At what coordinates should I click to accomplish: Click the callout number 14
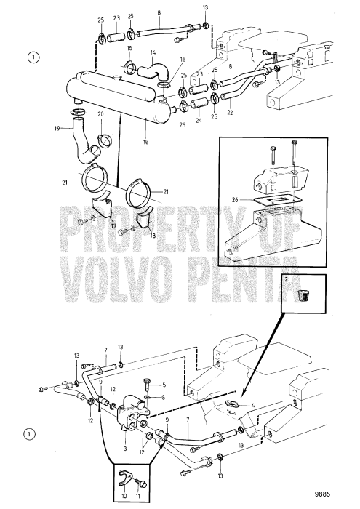click(153, 54)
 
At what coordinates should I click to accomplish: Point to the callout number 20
click(100, 115)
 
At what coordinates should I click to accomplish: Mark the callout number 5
click(164, 384)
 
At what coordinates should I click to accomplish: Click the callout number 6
click(164, 397)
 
